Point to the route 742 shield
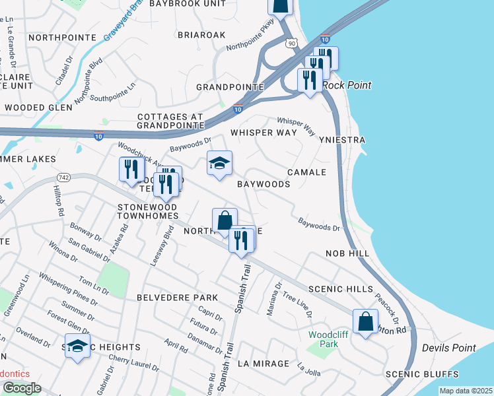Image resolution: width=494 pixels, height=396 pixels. tap(63, 178)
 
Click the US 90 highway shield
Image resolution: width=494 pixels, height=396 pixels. tap(292, 42)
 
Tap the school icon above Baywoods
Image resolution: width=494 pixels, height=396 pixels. tap(219, 163)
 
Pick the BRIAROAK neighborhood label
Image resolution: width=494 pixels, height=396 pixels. tap(201, 34)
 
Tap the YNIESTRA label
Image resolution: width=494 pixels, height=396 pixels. tap(341, 141)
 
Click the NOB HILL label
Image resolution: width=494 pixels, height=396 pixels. tap(347, 253)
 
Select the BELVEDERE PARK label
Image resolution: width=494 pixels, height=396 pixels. tap(172, 298)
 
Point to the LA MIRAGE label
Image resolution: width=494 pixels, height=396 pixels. tap(263, 364)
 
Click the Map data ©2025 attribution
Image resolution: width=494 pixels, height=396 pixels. tap(466, 391)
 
